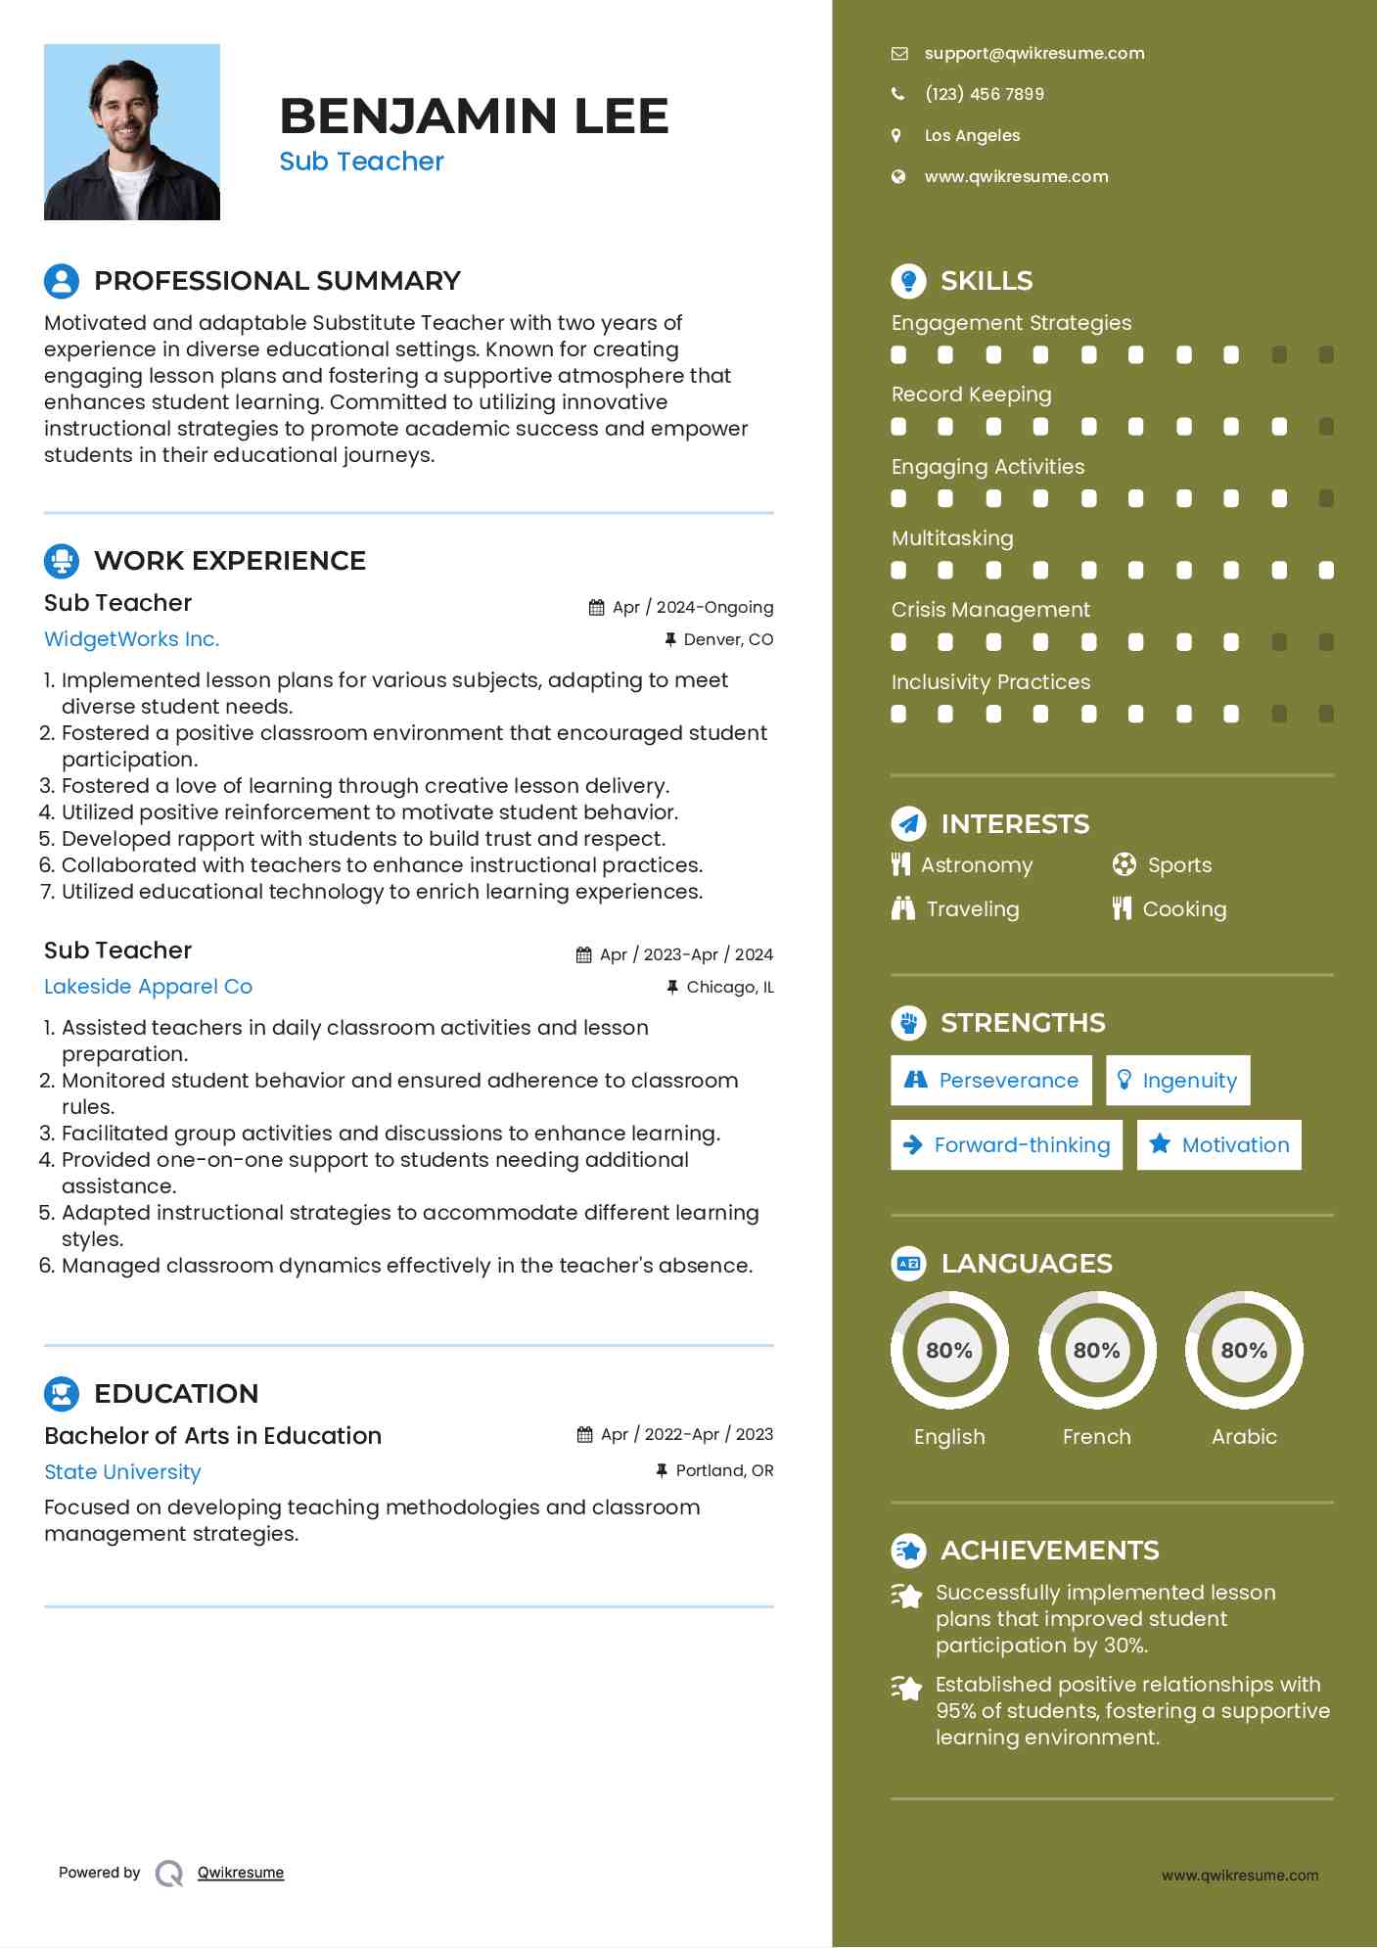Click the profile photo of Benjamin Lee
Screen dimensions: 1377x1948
[132, 132]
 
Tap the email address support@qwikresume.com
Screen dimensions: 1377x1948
[1033, 53]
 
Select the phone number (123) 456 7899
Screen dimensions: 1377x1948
[984, 94]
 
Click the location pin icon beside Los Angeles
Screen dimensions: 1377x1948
[896, 135]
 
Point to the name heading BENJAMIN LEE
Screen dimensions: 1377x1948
[474, 116]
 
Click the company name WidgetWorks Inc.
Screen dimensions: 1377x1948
[131, 639]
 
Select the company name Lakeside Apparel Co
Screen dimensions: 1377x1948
[148, 987]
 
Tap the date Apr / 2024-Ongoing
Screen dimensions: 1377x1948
[692, 607]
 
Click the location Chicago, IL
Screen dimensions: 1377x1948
[729, 987]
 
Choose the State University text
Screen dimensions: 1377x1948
[122, 1472]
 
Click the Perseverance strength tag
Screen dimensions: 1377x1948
[991, 1081]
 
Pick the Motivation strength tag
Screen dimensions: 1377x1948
[1219, 1145]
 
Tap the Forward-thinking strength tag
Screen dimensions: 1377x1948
[1007, 1145]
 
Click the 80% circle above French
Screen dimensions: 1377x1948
[1096, 1351]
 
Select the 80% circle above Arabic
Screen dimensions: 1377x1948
[1244, 1351]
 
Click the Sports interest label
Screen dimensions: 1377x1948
[1179, 865]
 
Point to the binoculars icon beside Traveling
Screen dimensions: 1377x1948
[902, 909]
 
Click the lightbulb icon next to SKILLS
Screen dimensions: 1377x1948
[908, 281]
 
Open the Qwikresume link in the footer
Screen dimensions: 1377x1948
[241, 1873]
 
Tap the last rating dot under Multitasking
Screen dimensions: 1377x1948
[1326, 571]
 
